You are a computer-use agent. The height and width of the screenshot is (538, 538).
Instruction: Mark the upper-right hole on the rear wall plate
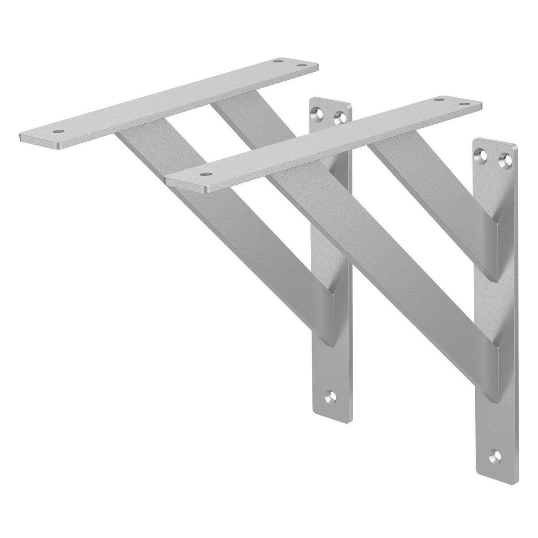pyautogui.click(x=342, y=118)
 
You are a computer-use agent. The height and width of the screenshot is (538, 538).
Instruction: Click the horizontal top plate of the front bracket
pyautogui.click(x=323, y=139)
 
